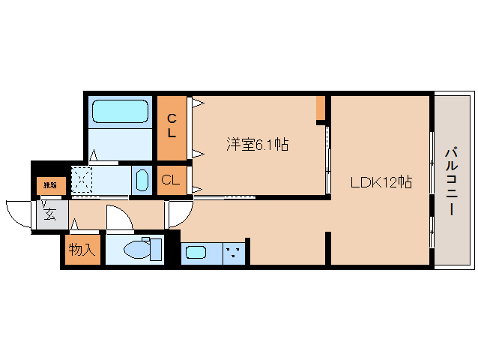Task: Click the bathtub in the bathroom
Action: coord(121,112)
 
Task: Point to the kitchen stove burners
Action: coord(235,252)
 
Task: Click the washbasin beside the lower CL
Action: coord(142,181)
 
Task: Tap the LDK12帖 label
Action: coord(381,181)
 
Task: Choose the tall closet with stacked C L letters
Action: coord(172,126)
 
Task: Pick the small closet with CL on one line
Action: coord(171,180)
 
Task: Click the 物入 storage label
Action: coord(82,249)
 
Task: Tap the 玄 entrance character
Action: coord(49,214)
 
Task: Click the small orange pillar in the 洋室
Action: coord(321,108)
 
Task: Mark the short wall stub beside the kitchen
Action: coord(327,247)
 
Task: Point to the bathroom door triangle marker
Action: coord(94,157)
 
